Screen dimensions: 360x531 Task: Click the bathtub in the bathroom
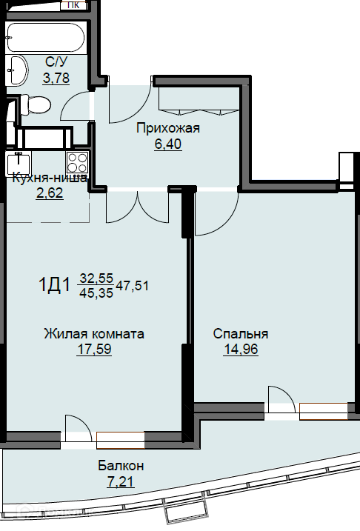coord(45,37)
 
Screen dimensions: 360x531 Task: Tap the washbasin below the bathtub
coord(19,70)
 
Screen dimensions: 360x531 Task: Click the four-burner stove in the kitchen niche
coord(78,162)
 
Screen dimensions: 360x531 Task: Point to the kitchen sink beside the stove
coord(19,164)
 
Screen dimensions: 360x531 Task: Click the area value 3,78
coord(56,78)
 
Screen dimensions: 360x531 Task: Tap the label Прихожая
coord(168,128)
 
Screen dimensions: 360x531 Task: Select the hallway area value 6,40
coord(168,144)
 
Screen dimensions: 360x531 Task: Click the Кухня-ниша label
coord(50,178)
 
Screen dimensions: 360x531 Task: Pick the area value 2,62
coord(50,193)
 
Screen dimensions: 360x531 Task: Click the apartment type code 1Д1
coord(55,284)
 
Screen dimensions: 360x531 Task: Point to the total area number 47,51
coord(133,286)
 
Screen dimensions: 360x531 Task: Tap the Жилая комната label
coord(94,334)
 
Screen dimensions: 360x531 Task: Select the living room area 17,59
coord(94,349)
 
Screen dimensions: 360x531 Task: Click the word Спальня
coord(241,334)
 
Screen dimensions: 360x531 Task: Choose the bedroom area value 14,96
coord(241,349)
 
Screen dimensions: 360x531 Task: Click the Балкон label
coord(121,466)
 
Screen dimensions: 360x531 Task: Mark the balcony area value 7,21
coord(121,481)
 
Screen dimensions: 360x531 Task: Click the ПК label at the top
coord(74,4)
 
